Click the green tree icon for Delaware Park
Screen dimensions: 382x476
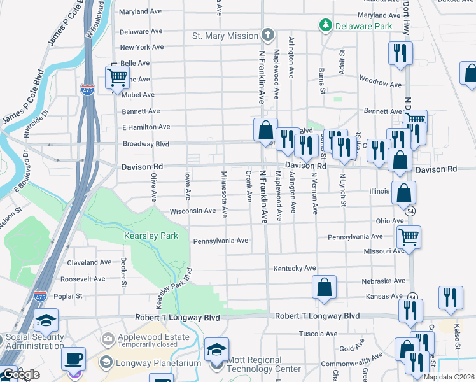(326, 25)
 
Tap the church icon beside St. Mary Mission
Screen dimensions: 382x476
(268, 36)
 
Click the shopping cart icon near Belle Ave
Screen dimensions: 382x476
(117, 77)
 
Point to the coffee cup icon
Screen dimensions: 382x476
(73, 358)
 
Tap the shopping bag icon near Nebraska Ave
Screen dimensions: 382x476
(324, 286)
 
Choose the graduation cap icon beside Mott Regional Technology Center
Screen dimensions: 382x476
(217, 350)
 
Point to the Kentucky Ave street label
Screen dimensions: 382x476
(295, 269)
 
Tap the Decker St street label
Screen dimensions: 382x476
(123, 272)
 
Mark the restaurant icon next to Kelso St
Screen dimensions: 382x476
(451, 297)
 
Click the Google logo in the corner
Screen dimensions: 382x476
(20, 375)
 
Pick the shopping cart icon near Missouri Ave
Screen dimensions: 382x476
(408, 237)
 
